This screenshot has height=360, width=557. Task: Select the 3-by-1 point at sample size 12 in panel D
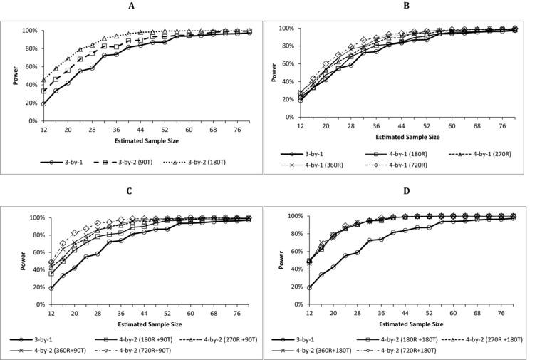(x=309, y=287)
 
